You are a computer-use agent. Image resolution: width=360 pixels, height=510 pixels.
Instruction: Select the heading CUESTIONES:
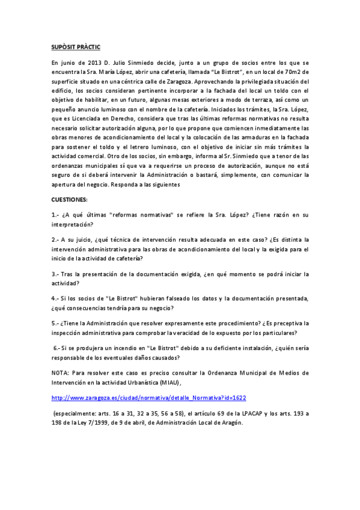[70, 198]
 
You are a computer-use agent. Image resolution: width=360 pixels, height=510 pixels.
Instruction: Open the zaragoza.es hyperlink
[149, 398]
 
